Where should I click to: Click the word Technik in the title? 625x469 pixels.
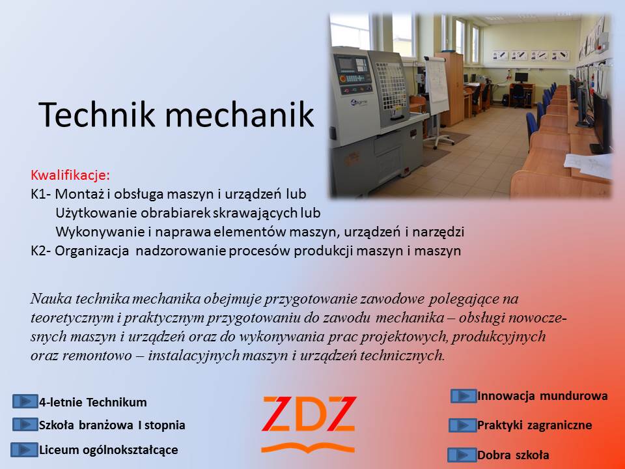[97, 114]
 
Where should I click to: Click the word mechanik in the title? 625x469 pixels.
[240, 114]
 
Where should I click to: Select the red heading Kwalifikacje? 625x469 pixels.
[70, 175]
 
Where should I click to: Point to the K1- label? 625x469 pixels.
[40, 194]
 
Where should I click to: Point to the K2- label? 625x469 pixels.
[40, 251]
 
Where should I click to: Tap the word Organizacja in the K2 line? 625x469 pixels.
[92, 251]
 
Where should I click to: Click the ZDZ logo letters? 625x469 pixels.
[309, 414]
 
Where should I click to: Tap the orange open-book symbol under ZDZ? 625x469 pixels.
[308, 448]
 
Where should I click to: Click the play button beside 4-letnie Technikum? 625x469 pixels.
[25, 401]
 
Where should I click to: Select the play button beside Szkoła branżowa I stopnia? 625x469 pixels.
[25, 424]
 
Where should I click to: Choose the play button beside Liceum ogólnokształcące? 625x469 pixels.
[24, 449]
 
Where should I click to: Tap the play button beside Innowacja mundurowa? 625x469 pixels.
[464, 396]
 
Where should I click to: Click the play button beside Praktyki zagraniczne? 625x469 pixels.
[463, 425]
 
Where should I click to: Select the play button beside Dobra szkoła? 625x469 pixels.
[462, 455]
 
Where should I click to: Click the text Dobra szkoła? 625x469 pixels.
[514, 455]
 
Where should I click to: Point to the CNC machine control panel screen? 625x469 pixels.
[344, 64]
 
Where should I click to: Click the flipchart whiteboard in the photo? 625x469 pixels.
[436, 85]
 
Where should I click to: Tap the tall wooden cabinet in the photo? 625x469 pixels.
[451, 89]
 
